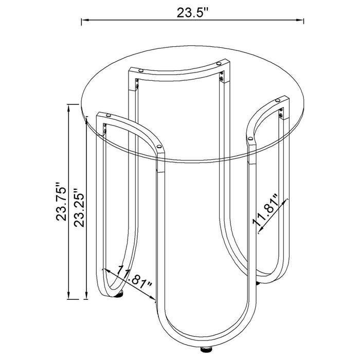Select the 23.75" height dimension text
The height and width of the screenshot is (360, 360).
pos(61,202)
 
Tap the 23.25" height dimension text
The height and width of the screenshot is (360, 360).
pos(79,208)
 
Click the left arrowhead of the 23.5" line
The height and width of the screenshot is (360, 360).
pos(85,21)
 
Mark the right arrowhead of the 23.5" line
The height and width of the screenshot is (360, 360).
pos(300,21)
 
